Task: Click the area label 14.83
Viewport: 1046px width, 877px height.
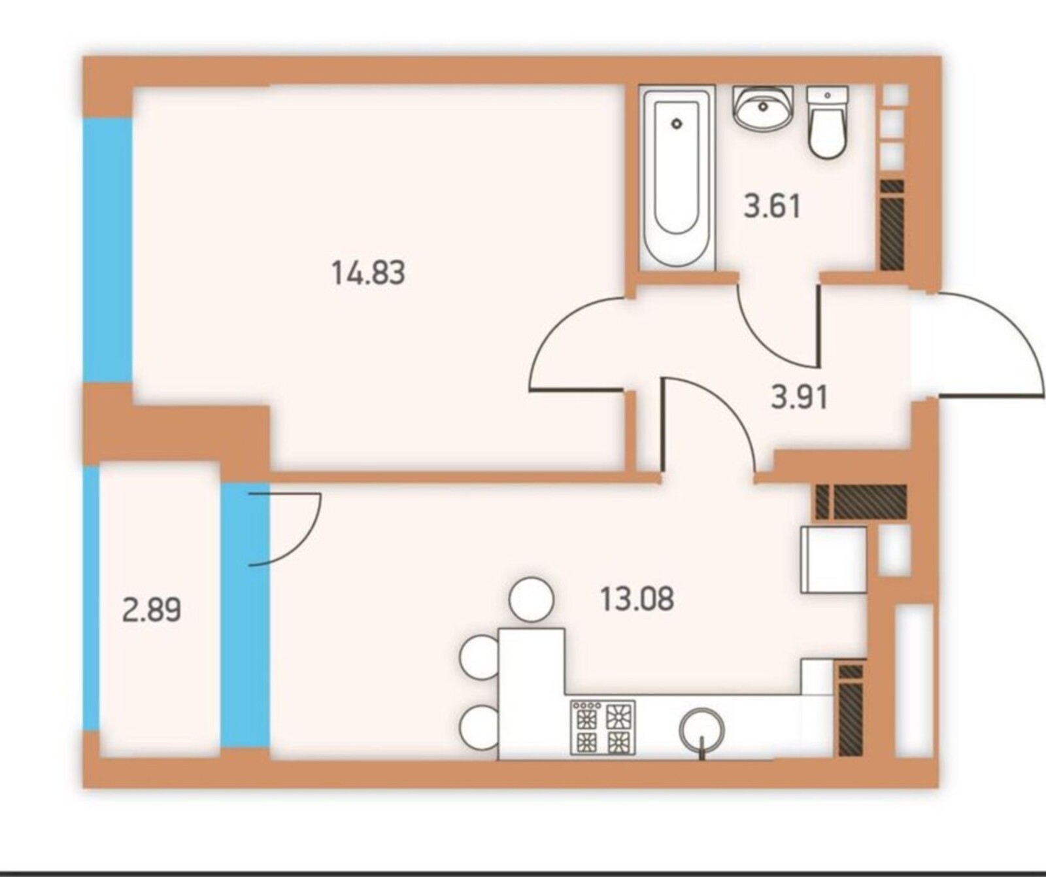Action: [369, 272]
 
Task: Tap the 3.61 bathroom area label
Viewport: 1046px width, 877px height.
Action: [772, 206]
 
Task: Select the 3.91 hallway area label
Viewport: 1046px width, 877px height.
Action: [799, 397]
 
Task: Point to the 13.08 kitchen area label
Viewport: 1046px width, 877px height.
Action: [637, 598]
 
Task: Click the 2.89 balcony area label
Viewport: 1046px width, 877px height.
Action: [152, 611]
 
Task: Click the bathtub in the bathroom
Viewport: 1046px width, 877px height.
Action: [677, 177]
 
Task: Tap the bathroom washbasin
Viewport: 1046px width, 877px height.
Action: [763, 109]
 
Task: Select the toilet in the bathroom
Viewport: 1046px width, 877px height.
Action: [828, 122]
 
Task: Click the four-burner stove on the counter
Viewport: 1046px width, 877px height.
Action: [603, 727]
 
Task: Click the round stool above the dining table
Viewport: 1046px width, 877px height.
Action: [531, 599]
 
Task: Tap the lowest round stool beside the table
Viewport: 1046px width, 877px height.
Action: [481, 727]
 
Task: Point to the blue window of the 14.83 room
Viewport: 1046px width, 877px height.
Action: [108, 250]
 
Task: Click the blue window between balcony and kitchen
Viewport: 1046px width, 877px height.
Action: [245, 615]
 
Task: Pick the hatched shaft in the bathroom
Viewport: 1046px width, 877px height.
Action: [892, 225]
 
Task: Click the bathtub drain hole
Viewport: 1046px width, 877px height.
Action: [677, 123]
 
